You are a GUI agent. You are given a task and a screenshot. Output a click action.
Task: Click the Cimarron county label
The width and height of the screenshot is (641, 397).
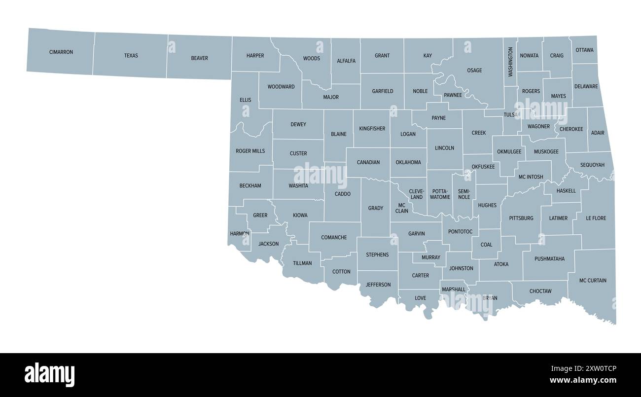(61, 52)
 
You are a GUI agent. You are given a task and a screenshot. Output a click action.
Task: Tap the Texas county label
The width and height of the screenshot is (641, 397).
(131, 56)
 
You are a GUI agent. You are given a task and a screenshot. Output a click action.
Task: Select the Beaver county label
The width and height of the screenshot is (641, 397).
(200, 58)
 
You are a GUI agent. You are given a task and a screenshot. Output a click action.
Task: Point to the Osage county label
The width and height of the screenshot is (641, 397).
(474, 71)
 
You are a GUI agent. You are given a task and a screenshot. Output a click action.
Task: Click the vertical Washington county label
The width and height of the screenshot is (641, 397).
(510, 62)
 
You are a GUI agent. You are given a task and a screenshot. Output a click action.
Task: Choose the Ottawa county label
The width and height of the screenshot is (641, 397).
(584, 50)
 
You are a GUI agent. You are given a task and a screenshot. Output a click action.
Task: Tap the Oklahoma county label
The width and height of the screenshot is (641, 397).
(408, 162)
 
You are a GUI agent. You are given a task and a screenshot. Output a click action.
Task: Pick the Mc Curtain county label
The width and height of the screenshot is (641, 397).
(593, 281)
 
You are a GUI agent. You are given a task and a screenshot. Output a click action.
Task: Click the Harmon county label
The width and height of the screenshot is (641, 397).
(239, 233)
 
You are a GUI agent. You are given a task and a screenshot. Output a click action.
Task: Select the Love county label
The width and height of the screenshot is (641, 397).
(420, 298)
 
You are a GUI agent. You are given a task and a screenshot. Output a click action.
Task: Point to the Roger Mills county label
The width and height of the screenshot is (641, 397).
(250, 151)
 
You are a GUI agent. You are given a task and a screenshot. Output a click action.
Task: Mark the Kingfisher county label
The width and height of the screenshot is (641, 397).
(372, 129)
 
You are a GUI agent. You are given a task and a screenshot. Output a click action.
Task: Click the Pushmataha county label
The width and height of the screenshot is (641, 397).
(549, 258)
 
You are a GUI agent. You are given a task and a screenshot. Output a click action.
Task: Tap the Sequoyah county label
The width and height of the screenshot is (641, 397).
(592, 165)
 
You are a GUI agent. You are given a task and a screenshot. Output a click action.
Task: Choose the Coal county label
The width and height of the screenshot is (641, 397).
(486, 245)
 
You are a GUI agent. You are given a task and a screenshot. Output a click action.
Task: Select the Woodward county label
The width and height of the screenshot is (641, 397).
(281, 87)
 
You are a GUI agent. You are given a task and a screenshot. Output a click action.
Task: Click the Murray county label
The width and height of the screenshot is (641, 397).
(430, 257)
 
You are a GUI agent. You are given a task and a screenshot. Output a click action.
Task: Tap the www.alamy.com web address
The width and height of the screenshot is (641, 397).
(583, 380)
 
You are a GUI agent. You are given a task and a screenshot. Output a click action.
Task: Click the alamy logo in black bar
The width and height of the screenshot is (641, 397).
(49, 375)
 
